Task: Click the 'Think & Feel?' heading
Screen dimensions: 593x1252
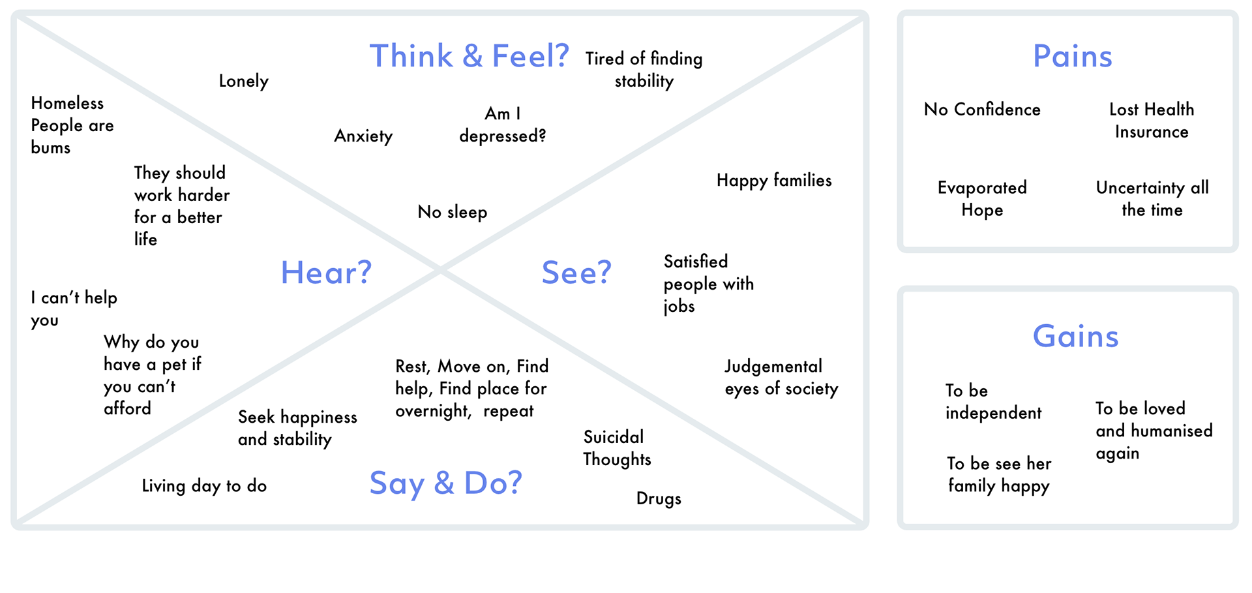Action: pyautogui.click(x=469, y=56)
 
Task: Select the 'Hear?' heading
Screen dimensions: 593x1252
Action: pyautogui.click(x=326, y=273)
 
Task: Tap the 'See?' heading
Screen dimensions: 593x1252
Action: pyautogui.click(x=576, y=273)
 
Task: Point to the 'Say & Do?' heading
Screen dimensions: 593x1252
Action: pyautogui.click(x=446, y=483)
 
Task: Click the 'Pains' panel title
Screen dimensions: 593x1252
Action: pyautogui.click(x=1073, y=56)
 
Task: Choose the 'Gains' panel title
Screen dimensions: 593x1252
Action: pyautogui.click(x=1075, y=337)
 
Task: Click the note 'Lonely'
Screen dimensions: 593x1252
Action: pyautogui.click(x=243, y=81)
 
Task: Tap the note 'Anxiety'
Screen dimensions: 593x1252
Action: pyautogui.click(x=363, y=136)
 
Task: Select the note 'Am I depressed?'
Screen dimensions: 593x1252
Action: pyautogui.click(x=502, y=125)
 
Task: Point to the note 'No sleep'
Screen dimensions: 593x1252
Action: pyautogui.click(x=452, y=212)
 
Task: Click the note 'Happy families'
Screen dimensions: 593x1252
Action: pyautogui.click(x=774, y=181)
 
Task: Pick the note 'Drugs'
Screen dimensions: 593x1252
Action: pyautogui.click(x=659, y=498)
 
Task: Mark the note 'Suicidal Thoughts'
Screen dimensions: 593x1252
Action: pyautogui.click(x=617, y=448)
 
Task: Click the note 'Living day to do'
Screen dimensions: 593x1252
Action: pyautogui.click(x=204, y=486)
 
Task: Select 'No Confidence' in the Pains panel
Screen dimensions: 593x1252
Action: pyautogui.click(x=982, y=110)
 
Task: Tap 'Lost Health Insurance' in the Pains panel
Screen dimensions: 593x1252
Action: pyautogui.click(x=1152, y=121)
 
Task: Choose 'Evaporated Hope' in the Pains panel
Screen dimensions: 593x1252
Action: pyautogui.click(x=982, y=199)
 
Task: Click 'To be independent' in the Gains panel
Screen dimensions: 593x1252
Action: pyautogui.click(x=993, y=402)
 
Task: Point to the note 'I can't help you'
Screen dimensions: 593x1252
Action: pyautogui.click(x=74, y=309)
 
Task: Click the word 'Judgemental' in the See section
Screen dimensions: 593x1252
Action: pyautogui.click(x=773, y=367)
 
